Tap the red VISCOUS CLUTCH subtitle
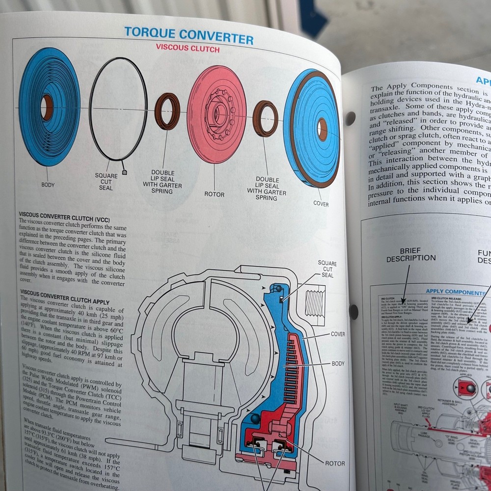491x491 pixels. coord(188,49)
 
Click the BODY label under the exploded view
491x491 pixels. coord(48,185)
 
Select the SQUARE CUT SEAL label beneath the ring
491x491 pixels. coord(106,182)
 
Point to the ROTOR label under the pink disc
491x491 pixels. coord(215,194)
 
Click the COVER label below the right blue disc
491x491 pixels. coord(321,204)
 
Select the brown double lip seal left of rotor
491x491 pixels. coord(167,111)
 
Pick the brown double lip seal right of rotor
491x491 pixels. coord(265,118)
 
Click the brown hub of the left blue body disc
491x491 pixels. coord(47,108)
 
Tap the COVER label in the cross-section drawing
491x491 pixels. coord(337,334)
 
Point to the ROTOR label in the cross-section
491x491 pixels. coord(334,463)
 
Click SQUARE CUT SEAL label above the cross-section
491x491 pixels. coord(327,269)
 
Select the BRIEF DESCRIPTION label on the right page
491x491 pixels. coord(410,254)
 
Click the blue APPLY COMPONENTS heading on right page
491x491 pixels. coord(455,292)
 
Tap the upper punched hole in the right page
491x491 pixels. coord(350,118)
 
